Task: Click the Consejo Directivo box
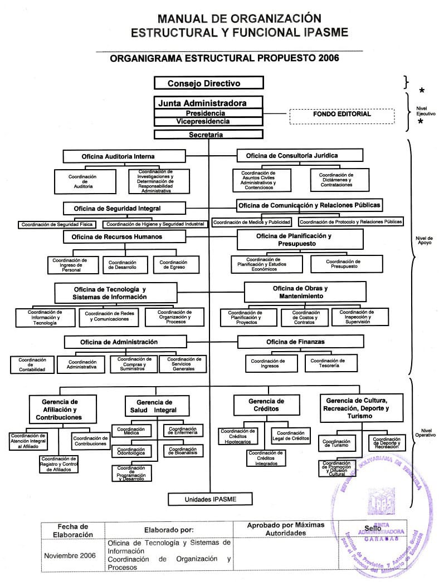(x=208, y=83)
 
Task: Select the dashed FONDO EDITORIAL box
(x=342, y=115)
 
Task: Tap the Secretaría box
(x=208, y=134)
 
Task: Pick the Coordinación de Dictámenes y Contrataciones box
(x=336, y=179)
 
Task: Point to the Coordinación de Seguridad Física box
(x=56, y=225)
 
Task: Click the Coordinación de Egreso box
(x=169, y=264)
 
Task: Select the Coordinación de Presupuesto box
(x=343, y=264)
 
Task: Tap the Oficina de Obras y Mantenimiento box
(x=304, y=292)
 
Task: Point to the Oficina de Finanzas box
(x=300, y=341)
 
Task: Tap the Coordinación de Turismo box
(x=336, y=443)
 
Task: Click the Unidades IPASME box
(x=211, y=499)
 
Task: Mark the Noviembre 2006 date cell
(x=70, y=555)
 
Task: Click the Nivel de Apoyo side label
(x=425, y=240)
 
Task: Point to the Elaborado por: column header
(x=169, y=530)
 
